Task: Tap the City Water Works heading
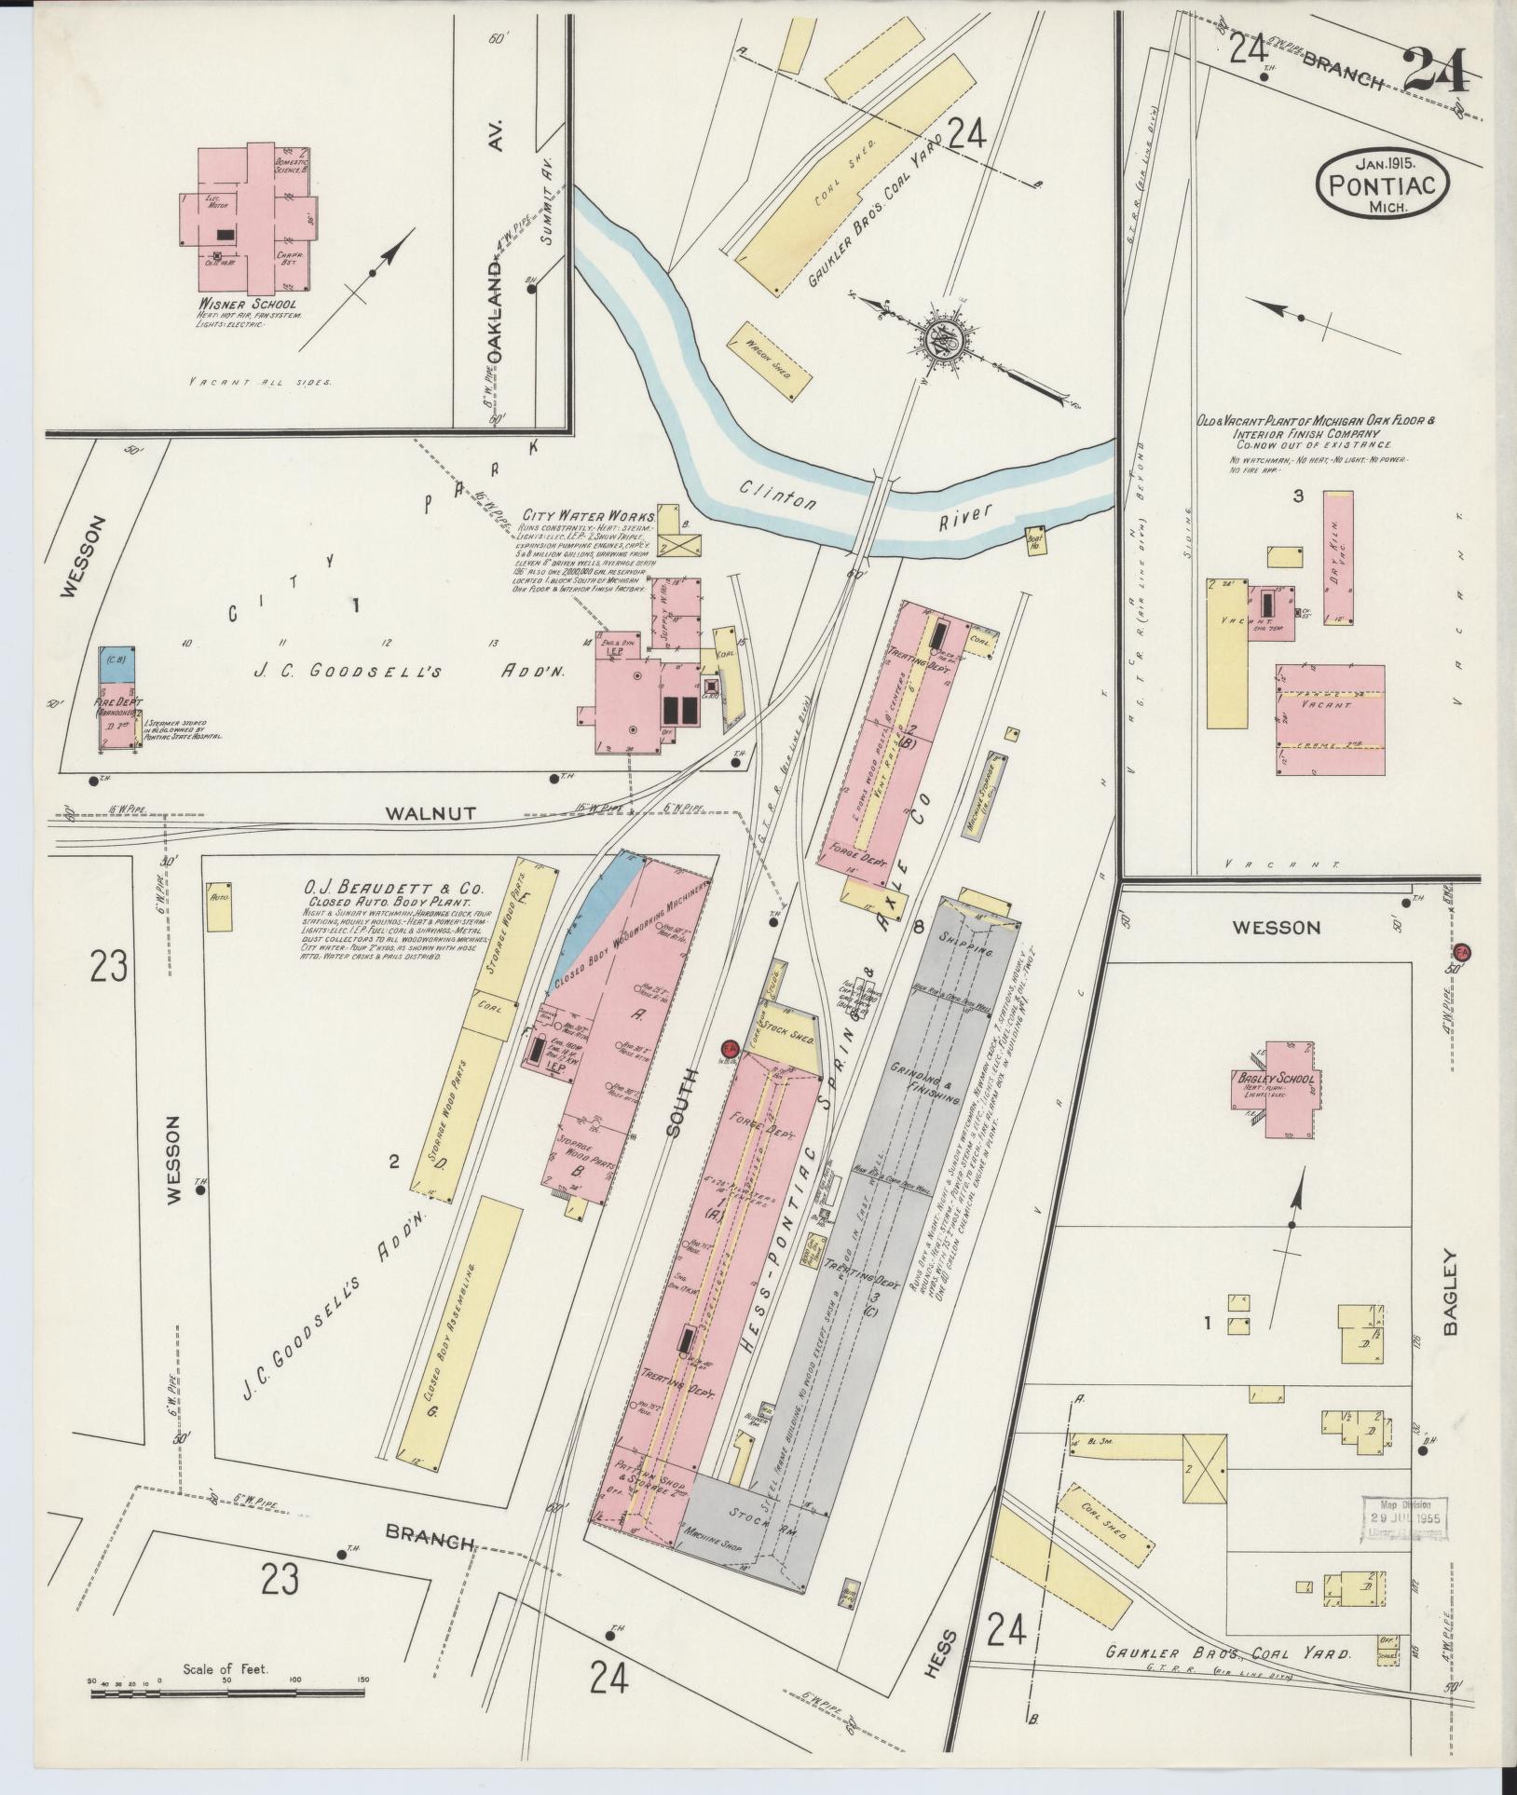(x=589, y=515)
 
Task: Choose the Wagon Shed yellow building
(x=770, y=361)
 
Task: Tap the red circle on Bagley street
(x=1461, y=952)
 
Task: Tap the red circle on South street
(x=731, y=1047)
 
